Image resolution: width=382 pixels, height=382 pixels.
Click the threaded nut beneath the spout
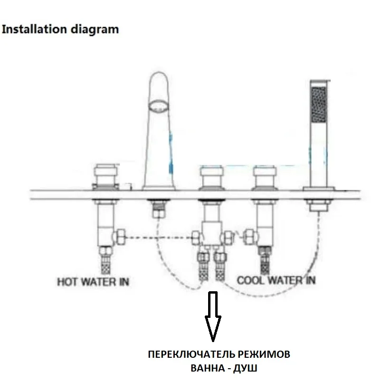158,208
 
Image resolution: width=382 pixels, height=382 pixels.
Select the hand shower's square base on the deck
317,189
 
